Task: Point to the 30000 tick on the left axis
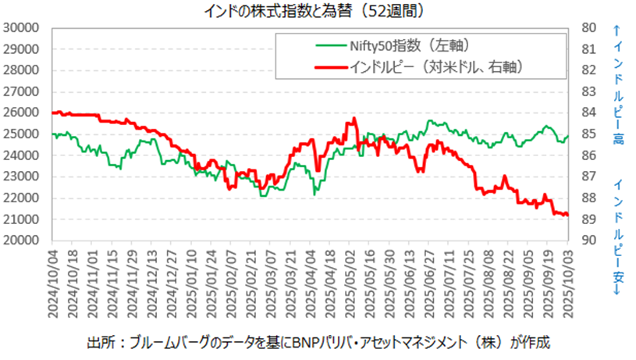pyautogui.click(x=23, y=28)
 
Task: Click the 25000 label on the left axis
pyautogui.click(x=23, y=134)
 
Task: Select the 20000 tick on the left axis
pyautogui.click(x=23, y=241)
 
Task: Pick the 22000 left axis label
pyautogui.click(x=23, y=198)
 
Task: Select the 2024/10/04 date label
pyautogui.click(x=55, y=282)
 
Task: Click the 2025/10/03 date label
pyautogui.click(x=568, y=282)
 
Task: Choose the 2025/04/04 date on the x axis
pyautogui.click(x=311, y=282)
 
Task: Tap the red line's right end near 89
pyautogui.click(x=566, y=215)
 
